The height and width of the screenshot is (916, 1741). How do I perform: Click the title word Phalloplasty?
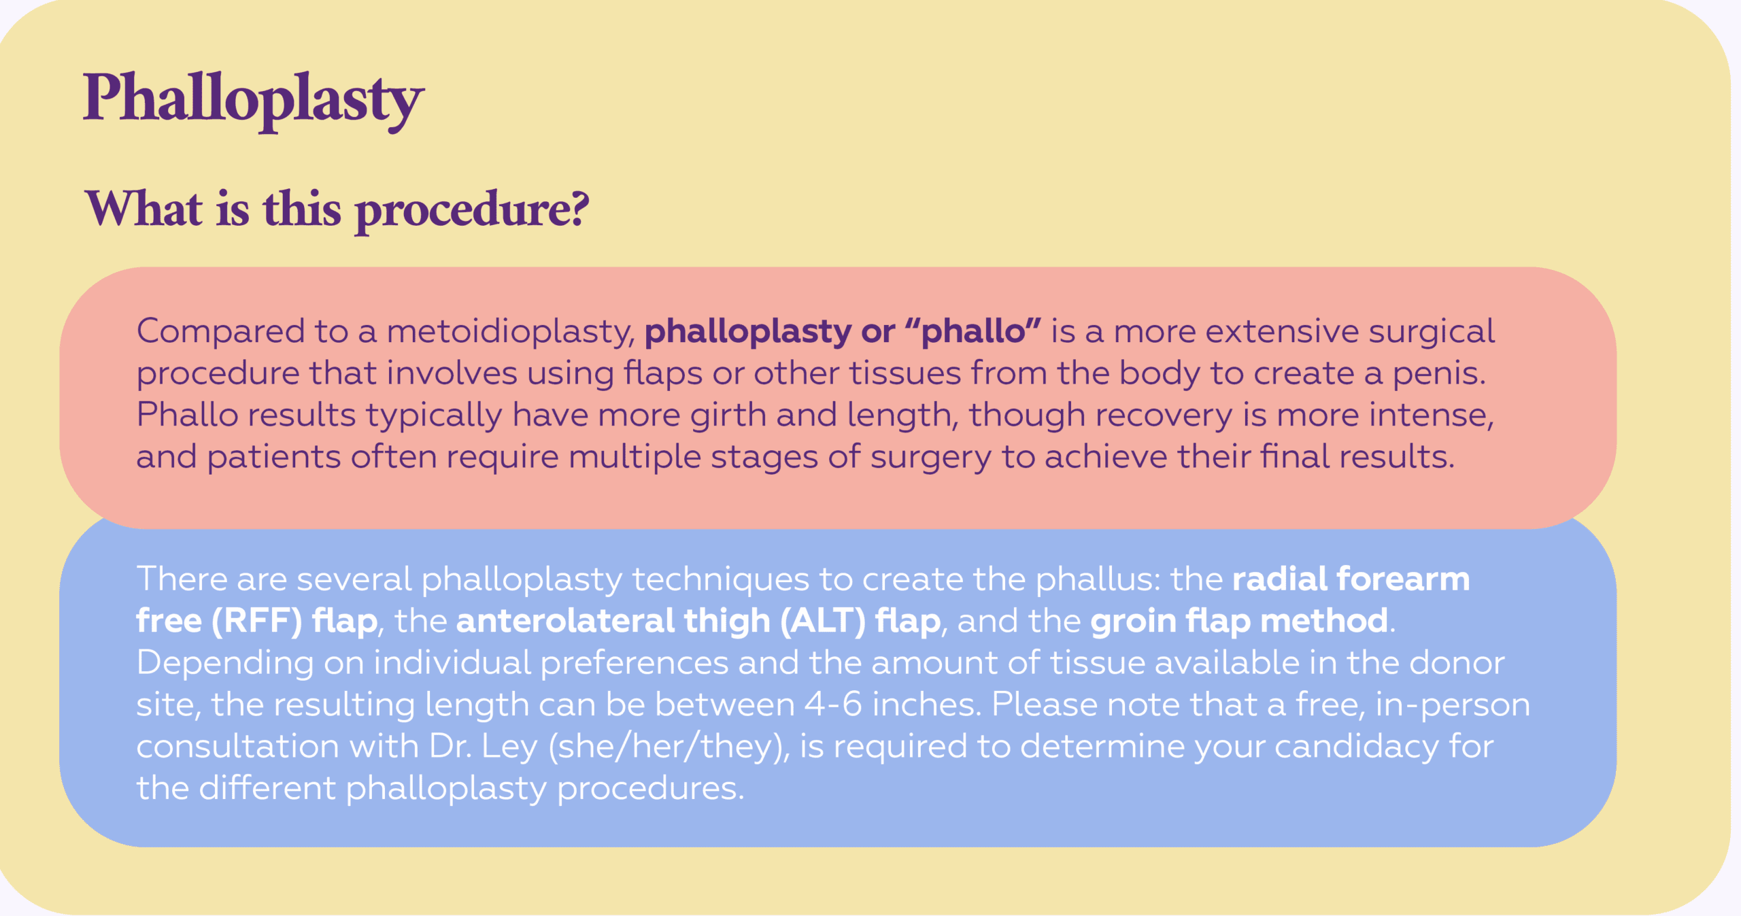253,100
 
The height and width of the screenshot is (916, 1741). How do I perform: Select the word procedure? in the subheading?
472,211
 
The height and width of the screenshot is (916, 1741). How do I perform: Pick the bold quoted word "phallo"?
973,331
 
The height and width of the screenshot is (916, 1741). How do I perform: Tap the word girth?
728,415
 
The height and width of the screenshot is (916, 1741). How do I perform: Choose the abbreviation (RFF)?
256,621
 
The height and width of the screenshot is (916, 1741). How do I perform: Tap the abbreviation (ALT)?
822,621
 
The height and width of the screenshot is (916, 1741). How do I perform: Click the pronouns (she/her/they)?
669,747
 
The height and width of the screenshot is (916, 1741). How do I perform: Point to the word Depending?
225,664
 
